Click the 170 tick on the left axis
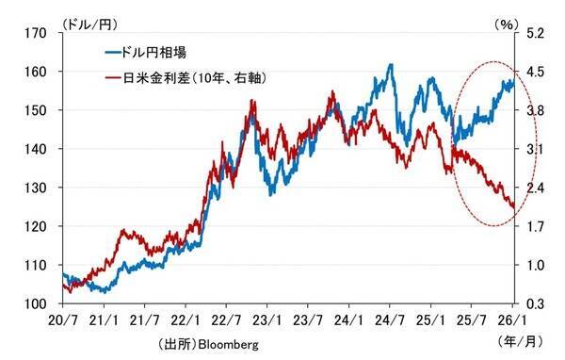click(37, 33)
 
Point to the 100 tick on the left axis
click(37, 304)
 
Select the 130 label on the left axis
click(37, 188)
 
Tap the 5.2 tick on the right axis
click(535, 33)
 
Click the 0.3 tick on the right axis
click(535, 304)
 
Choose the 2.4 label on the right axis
click(535, 188)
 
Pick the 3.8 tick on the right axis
click(535, 110)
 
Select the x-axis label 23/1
click(267, 320)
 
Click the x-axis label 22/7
click(226, 320)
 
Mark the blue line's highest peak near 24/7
click(391, 65)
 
